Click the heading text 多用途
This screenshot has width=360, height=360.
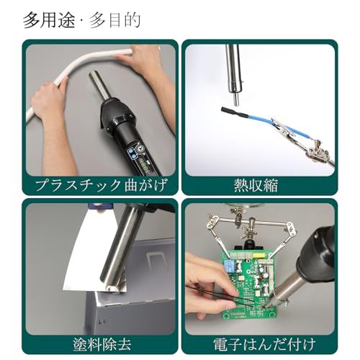point(49,20)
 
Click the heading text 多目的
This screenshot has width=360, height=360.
point(114,20)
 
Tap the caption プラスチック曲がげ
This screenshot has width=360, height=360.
point(101,185)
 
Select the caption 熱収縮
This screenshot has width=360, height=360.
point(256,185)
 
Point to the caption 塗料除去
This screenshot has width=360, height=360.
point(102,344)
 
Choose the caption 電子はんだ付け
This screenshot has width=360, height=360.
point(264,344)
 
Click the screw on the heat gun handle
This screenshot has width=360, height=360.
point(140,149)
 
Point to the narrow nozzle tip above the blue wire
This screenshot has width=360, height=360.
point(236,101)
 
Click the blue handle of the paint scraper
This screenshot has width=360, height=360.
point(99,205)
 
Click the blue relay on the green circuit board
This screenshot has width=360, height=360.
point(230,265)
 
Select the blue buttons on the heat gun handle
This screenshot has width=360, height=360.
point(131,154)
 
